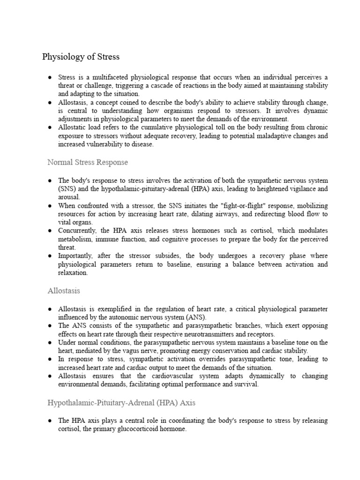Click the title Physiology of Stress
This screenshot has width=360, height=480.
[x=81, y=57]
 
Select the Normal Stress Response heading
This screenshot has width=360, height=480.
[x=88, y=162]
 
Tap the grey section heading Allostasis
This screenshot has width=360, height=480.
[x=64, y=291]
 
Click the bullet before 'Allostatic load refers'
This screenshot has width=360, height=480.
[x=50, y=127]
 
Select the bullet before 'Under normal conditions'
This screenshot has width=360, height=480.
[x=50, y=343]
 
